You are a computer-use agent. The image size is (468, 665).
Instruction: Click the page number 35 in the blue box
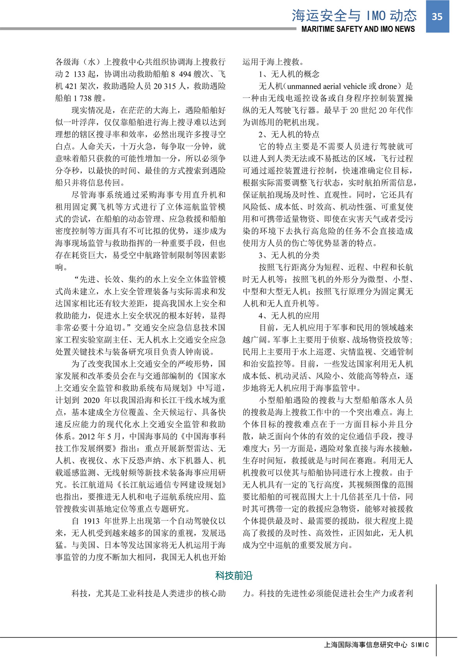tap(437, 16)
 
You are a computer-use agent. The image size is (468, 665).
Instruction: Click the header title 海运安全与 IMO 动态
tap(354, 16)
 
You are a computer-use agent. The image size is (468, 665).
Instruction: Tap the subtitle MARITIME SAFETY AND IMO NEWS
tap(358, 29)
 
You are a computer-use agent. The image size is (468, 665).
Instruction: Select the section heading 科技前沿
tap(234, 576)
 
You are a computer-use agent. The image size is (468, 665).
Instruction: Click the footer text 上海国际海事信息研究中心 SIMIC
tap(376, 645)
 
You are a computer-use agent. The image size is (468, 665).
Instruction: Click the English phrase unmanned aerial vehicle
tap(327, 86)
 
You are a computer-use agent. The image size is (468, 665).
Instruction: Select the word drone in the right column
tap(388, 86)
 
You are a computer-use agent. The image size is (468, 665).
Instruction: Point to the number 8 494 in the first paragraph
tap(181, 74)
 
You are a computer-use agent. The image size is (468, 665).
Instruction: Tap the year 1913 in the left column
tap(92, 521)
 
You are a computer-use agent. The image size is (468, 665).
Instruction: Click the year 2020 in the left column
tap(92, 400)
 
